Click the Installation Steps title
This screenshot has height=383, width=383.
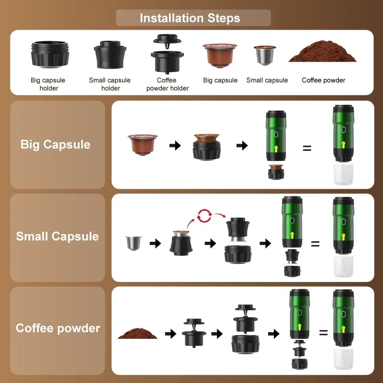click(x=190, y=18)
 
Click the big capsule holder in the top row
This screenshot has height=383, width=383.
click(x=50, y=54)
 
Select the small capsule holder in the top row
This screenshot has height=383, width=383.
click(x=110, y=55)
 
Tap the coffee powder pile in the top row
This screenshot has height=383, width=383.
click(x=323, y=52)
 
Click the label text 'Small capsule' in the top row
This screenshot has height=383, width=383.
click(x=267, y=80)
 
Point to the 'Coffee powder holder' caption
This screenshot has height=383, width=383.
click(x=167, y=84)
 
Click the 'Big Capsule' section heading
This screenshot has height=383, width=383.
click(x=56, y=144)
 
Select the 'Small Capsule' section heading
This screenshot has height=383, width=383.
click(x=57, y=236)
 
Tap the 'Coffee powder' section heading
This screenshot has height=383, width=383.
click(x=58, y=328)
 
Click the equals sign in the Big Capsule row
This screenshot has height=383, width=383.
click(x=307, y=148)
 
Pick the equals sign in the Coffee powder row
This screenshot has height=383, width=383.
click(x=324, y=333)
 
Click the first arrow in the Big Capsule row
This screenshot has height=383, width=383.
click(x=175, y=145)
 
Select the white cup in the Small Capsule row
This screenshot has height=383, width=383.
click(x=343, y=266)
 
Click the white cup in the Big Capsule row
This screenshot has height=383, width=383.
click(x=343, y=175)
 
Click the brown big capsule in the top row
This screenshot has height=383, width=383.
click(x=220, y=55)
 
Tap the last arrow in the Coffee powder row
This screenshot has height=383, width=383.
click(x=274, y=334)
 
